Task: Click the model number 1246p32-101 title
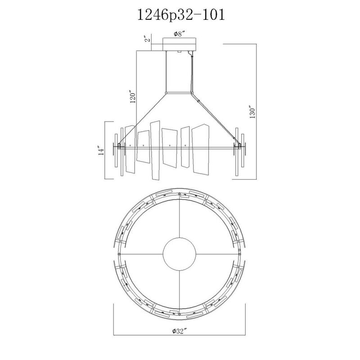[x=181, y=15]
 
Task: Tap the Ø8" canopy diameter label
[x=180, y=34]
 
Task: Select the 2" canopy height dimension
[x=148, y=39]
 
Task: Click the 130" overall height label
[x=252, y=112]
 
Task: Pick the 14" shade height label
[x=101, y=150]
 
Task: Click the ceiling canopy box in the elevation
[x=180, y=44]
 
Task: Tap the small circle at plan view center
[x=179, y=254]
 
